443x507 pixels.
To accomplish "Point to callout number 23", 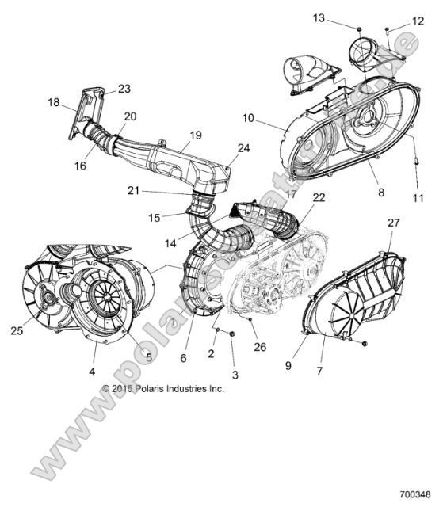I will pos(124,89).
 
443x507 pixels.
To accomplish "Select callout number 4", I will pos(92,370).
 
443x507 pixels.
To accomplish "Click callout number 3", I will pos(234,375).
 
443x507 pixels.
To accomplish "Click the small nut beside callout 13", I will pos(358,30).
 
